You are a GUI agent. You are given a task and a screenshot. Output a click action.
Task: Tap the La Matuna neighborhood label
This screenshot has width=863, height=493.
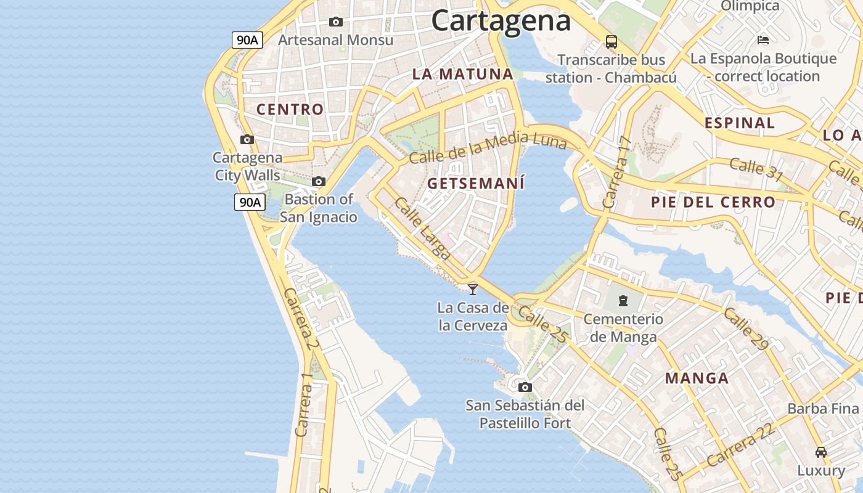pyautogui.click(x=462, y=75)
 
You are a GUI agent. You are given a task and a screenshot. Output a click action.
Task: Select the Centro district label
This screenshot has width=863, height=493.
pyautogui.click(x=290, y=110)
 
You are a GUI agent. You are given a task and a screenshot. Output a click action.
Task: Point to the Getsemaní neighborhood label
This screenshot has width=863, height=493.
pyautogui.click(x=476, y=184)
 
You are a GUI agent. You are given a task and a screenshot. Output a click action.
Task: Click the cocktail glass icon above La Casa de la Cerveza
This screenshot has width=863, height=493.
pyautogui.click(x=473, y=288)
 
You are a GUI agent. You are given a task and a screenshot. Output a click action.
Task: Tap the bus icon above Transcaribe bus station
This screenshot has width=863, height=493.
pyautogui.click(x=611, y=42)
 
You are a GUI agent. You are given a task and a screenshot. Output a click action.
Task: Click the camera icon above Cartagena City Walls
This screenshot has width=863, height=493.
pyautogui.click(x=247, y=139)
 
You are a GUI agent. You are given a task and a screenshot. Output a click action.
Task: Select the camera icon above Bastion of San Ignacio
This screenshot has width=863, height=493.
pyautogui.click(x=319, y=181)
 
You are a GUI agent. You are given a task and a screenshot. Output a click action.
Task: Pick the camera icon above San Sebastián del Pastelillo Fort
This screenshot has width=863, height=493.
pyautogui.click(x=525, y=387)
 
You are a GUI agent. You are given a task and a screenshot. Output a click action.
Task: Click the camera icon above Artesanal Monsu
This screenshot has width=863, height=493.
pyautogui.click(x=336, y=22)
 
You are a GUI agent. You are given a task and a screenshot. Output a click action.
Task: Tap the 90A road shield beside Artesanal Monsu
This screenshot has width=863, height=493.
pyautogui.click(x=247, y=40)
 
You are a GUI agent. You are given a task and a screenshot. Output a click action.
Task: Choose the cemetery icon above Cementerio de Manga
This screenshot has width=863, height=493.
pyautogui.click(x=623, y=301)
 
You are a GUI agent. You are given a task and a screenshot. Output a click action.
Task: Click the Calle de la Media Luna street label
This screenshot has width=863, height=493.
pyautogui.click(x=487, y=148)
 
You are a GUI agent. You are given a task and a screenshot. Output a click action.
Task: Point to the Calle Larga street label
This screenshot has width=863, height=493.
pyautogui.click(x=423, y=227)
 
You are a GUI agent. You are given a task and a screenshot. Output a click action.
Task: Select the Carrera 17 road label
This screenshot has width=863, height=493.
pyautogui.click(x=618, y=172)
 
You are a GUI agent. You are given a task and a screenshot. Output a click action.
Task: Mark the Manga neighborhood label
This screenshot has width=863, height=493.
pyautogui.click(x=697, y=378)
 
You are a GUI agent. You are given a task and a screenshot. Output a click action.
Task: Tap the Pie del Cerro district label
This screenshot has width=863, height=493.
pyautogui.click(x=713, y=202)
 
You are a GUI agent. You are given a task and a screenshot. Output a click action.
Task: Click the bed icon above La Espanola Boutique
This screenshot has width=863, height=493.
pyautogui.click(x=763, y=40)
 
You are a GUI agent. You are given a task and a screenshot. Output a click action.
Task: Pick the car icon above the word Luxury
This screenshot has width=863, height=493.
pyautogui.click(x=820, y=452)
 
